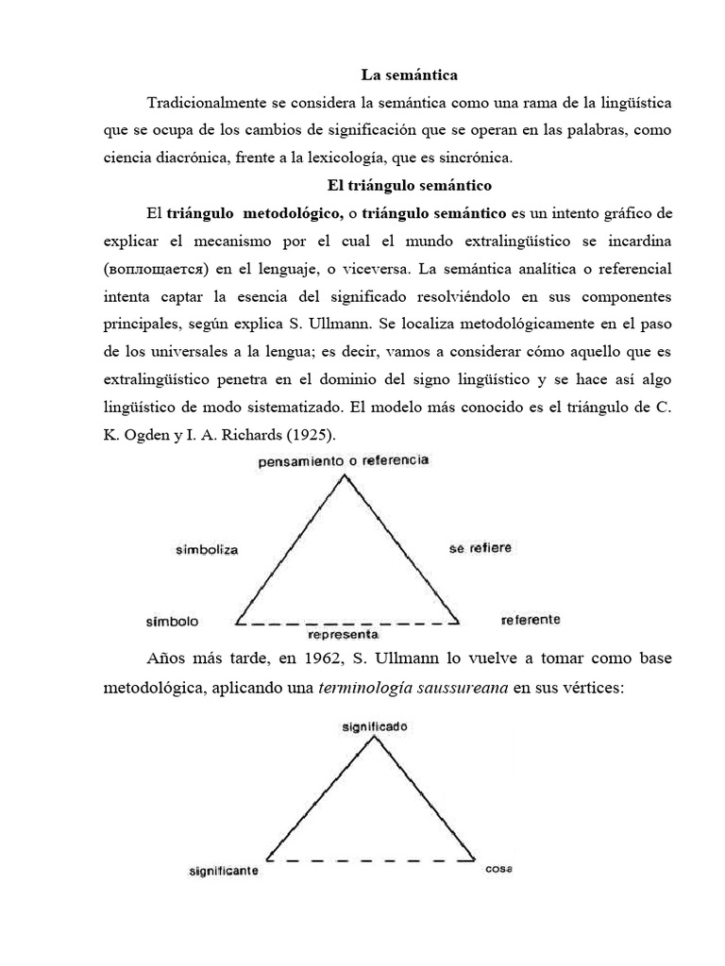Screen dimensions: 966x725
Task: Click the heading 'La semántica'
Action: (x=409, y=74)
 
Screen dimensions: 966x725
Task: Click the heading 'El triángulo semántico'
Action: (x=409, y=185)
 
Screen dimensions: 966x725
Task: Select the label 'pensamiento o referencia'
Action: (x=343, y=461)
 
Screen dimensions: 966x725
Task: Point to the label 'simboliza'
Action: (x=207, y=548)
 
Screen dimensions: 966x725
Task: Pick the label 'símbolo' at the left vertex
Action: (x=172, y=623)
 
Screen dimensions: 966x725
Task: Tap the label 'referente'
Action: (x=531, y=620)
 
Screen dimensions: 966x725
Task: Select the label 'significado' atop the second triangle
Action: (x=375, y=727)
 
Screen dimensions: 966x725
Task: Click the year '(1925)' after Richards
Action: (x=306, y=434)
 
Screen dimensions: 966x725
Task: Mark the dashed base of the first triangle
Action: (x=346, y=624)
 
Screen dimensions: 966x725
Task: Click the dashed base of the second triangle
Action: (x=371, y=859)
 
